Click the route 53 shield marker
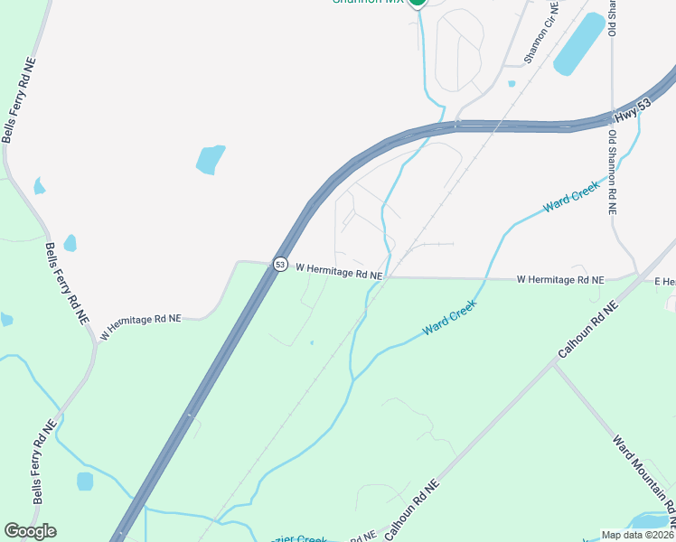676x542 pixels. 280,265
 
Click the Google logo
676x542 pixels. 30,531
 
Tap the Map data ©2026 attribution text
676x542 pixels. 637,533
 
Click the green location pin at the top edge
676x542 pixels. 417,3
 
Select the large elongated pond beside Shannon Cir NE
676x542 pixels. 579,44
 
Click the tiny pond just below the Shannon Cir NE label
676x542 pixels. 512,84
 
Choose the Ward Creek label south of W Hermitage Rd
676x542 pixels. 448,318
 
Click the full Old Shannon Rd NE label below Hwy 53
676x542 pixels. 612,172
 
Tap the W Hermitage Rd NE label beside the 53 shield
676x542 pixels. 339,271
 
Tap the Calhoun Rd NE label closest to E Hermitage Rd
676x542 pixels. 588,327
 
